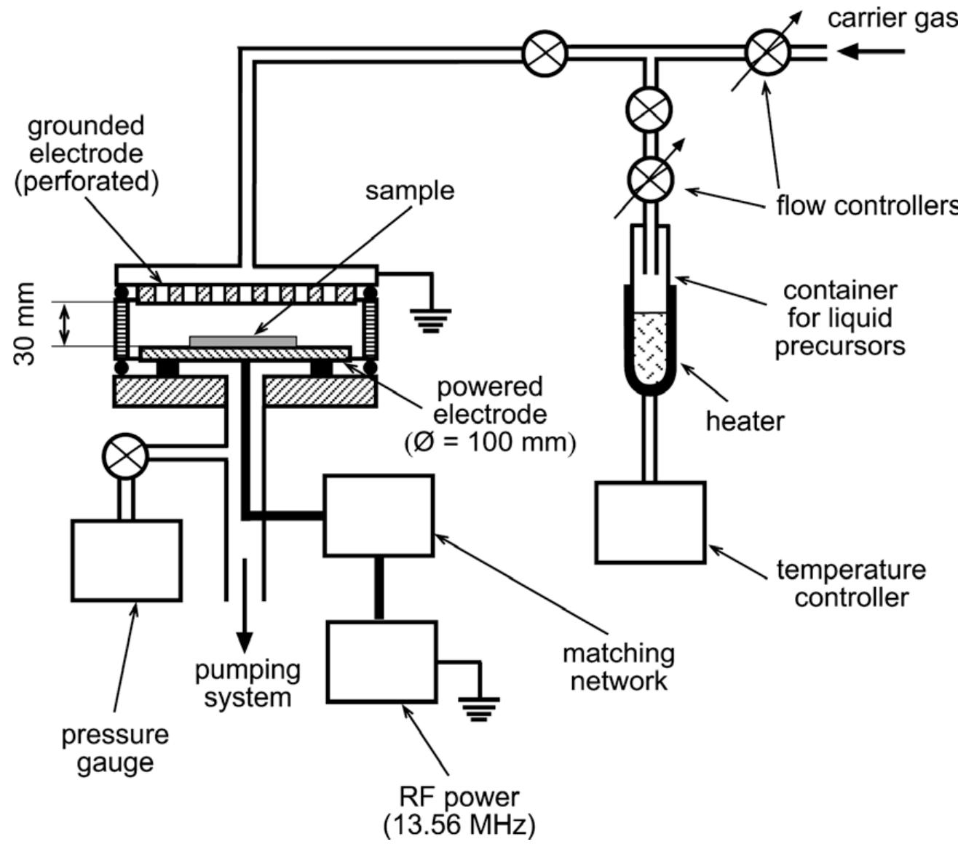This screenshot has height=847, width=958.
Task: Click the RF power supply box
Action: (381, 661)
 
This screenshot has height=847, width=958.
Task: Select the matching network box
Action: (379, 515)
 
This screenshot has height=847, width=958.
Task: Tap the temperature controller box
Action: (650, 522)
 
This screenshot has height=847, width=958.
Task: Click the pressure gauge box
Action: (126, 560)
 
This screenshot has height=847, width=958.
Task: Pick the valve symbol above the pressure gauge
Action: (126, 457)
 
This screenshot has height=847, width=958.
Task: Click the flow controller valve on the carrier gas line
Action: (768, 52)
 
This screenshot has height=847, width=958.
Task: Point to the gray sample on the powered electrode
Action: (243, 340)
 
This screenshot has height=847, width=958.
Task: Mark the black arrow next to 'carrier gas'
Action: (870, 52)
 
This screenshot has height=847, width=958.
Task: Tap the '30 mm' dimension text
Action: (27, 325)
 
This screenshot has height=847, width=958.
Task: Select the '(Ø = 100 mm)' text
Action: (489, 442)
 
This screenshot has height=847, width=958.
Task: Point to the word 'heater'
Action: (745, 421)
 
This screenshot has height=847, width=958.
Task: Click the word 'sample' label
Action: (409, 191)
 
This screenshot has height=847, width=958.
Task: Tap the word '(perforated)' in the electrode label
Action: (86, 181)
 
